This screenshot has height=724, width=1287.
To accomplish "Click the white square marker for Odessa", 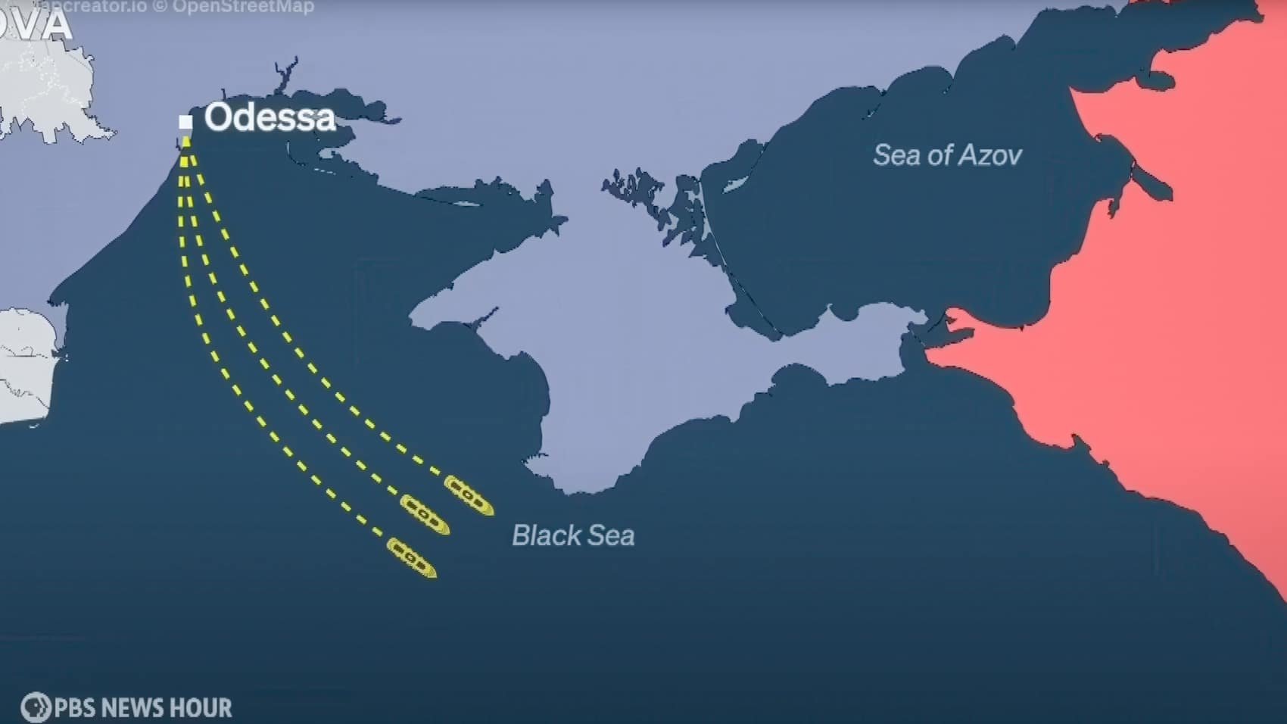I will coord(185,121).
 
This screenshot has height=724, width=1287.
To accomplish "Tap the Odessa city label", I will coord(270,117).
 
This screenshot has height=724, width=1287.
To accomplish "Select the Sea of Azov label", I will coord(947,155).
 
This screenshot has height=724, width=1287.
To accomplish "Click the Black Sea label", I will coord(573,535).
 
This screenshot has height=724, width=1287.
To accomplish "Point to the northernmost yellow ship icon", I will coord(469,495).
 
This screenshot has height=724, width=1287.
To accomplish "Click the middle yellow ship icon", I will coord(425,514).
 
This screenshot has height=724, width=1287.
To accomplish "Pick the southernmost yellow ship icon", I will coord(412,557).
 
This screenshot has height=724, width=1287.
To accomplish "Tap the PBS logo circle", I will coord(35,707).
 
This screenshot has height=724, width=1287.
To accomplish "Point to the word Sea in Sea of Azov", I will coord(897,155).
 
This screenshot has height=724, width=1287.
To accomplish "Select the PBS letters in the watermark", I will coord(73,708).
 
